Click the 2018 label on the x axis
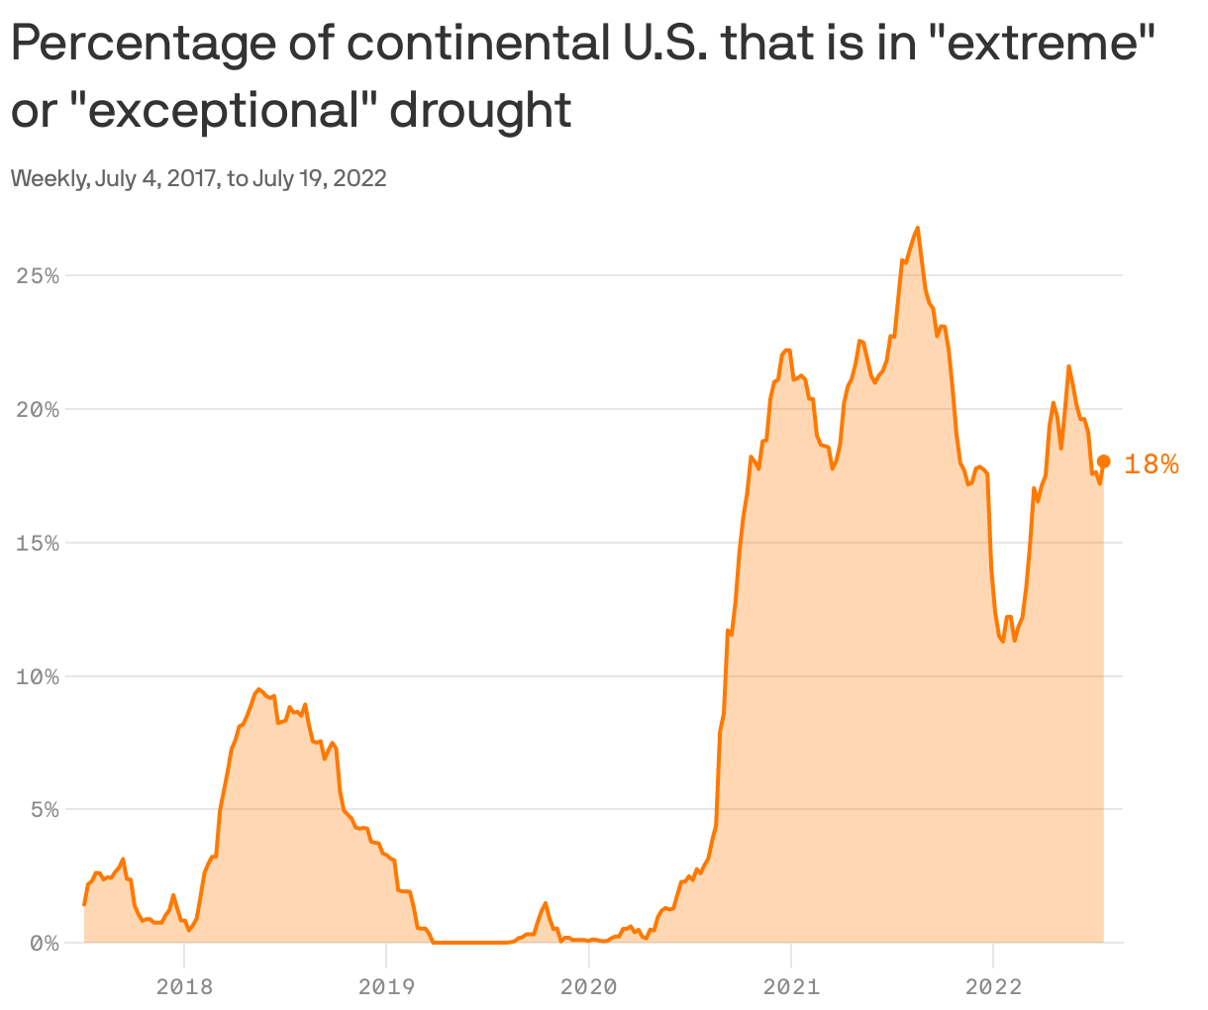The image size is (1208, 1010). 184,986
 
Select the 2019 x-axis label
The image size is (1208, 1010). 386,986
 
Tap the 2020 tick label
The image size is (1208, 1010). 588,986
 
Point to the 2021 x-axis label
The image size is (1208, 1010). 790,986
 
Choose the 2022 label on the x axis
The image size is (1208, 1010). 992,986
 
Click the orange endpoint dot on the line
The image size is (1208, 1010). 1104,461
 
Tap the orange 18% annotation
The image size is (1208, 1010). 1152,463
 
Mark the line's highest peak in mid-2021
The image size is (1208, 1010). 918,228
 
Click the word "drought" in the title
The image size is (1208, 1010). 479,110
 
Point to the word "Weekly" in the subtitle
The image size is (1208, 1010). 48,179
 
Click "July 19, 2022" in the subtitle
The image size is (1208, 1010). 319,179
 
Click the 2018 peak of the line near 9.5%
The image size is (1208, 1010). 257,689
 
